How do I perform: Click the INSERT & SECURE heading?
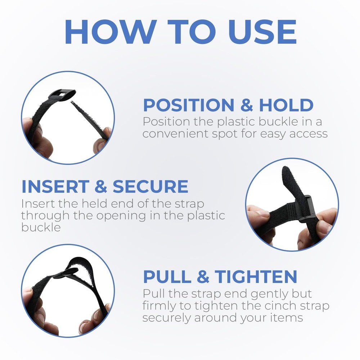[105, 186]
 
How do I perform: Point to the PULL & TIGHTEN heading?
[220, 276]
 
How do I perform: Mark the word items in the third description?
[286, 318]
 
